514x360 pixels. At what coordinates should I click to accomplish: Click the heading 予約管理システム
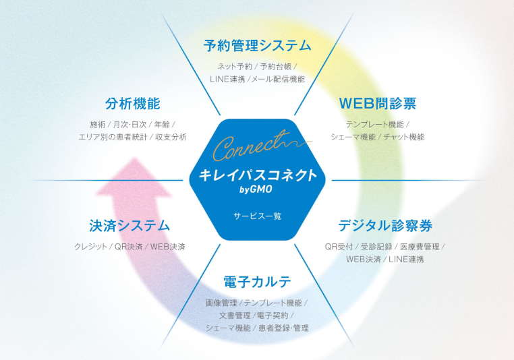257,46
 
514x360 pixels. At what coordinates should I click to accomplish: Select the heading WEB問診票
378,104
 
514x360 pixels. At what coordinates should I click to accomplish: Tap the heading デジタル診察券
385,226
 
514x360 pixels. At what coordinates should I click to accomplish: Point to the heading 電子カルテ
257,282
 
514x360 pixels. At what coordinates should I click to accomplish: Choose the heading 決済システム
130,226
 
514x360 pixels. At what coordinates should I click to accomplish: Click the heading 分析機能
132,104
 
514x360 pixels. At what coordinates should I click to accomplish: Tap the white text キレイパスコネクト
258,175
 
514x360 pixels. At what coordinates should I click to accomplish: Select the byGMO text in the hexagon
256,189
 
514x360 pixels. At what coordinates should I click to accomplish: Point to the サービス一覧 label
257,216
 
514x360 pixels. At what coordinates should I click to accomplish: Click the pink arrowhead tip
134,158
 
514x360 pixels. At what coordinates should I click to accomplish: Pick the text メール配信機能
278,80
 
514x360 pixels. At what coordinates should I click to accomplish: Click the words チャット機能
404,137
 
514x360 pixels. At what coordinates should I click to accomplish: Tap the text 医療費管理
420,247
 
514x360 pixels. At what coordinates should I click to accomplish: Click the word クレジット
90,247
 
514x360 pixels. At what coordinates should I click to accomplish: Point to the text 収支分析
171,137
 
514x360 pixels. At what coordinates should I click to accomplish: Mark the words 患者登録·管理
283,328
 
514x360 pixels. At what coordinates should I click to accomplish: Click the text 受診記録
376,247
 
